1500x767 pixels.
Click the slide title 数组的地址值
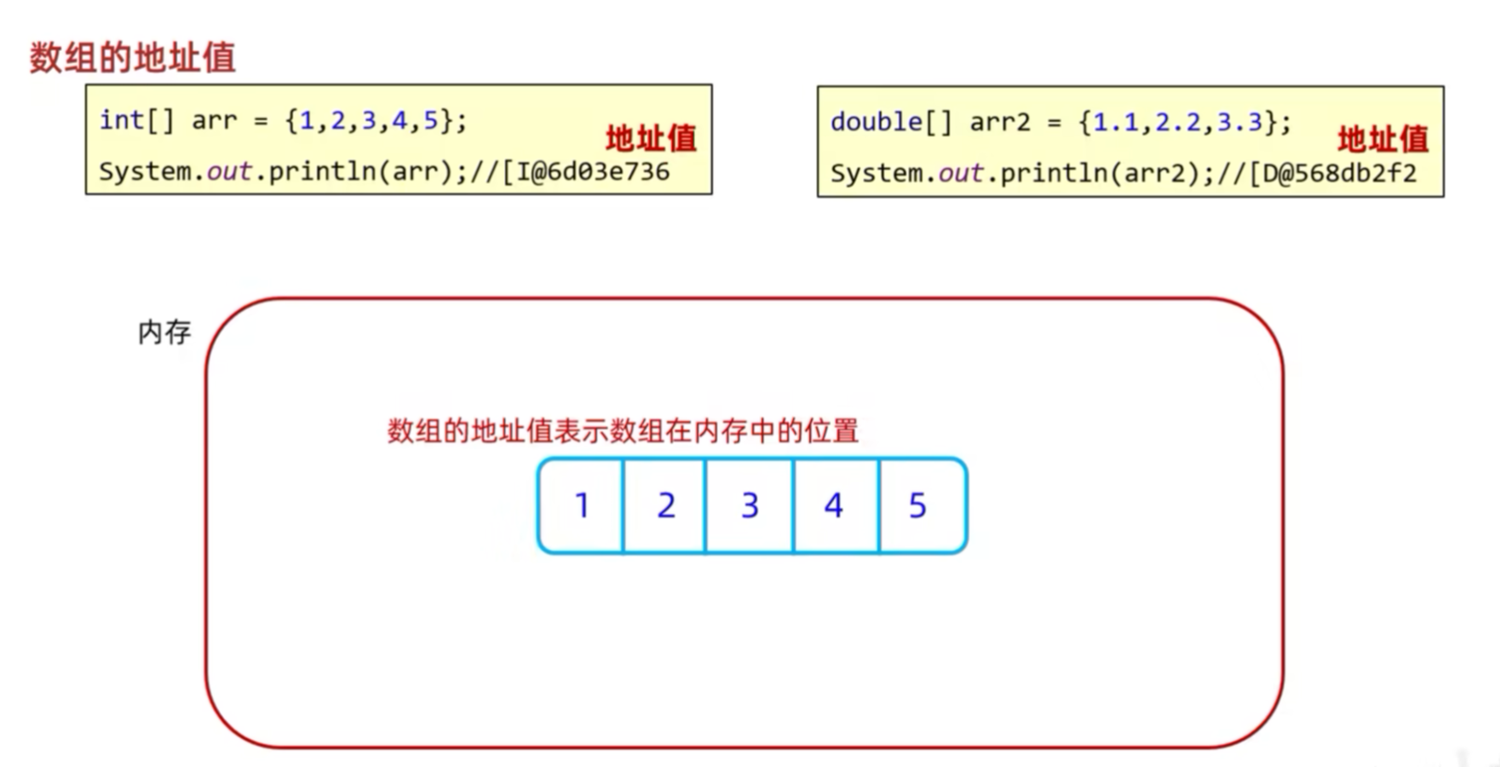click(x=132, y=58)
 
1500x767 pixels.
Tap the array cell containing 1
click(x=582, y=505)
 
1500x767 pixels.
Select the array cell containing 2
click(x=665, y=505)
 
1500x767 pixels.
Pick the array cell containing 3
click(x=750, y=505)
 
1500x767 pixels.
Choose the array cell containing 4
click(x=834, y=505)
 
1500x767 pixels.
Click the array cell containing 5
click(x=917, y=505)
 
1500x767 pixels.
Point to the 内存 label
click(x=164, y=332)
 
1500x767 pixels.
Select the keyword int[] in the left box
click(x=136, y=121)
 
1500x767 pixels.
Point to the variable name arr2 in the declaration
click(x=1000, y=123)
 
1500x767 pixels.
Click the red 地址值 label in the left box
click(x=651, y=138)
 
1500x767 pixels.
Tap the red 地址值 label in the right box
click(x=1382, y=139)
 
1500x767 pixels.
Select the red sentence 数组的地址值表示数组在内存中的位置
click(x=623, y=431)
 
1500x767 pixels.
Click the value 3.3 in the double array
click(x=1239, y=123)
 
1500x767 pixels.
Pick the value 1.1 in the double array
click(x=1116, y=123)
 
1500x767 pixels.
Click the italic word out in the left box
click(x=229, y=172)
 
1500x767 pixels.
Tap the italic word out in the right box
click(x=961, y=174)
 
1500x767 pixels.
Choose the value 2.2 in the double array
click(x=1177, y=123)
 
